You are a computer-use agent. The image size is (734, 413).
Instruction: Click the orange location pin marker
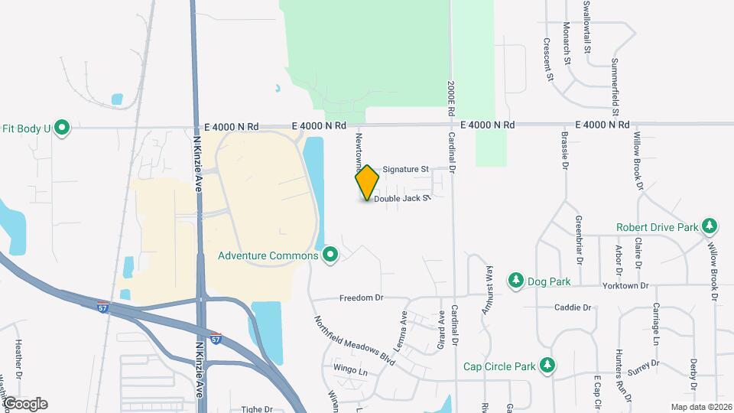(368, 182)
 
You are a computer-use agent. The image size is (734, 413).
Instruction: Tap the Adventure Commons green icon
(330, 254)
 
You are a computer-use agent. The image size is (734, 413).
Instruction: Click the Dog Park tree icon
(516, 281)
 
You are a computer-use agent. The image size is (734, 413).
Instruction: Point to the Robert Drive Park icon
(710, 226)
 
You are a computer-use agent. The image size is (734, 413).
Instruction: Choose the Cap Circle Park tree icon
(547, 365)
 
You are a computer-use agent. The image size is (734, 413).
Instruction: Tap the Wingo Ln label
(351, 369)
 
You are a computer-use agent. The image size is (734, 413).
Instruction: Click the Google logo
(24, 404)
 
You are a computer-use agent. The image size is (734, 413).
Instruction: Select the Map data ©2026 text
(701, 406)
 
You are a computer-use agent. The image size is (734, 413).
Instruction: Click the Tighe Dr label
(257, 409)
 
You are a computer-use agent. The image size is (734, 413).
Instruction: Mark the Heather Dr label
(19, 353)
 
